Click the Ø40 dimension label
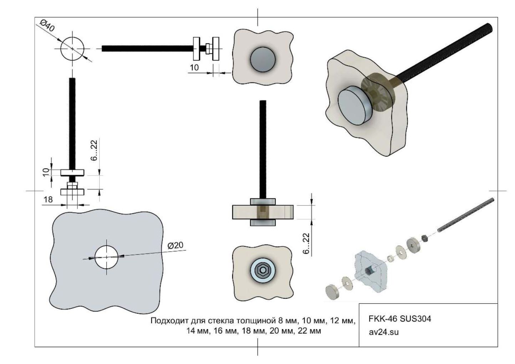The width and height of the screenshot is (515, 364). pos(47,26)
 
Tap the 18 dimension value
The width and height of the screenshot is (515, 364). pos(48,200)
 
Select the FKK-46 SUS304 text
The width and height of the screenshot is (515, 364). pos(399,319)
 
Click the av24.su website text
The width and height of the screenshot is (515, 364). pos(383,332)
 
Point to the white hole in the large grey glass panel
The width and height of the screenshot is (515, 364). pos(107,257)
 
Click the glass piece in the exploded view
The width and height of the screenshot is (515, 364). pos(371,271)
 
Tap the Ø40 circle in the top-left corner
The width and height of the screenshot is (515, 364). pos(72,48)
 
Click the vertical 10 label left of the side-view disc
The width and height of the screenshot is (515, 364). pos(46,172)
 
